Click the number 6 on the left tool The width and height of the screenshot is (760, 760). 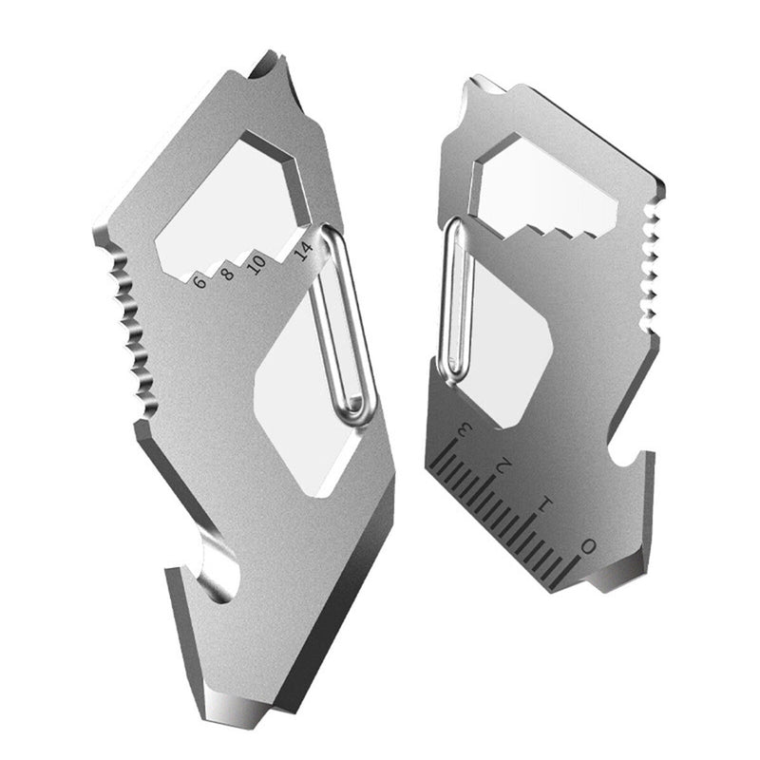(199, 280)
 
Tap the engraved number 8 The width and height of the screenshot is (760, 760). (227, 275)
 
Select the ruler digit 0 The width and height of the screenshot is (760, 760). (589, 544)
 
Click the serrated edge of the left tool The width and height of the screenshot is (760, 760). (128, 323)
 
